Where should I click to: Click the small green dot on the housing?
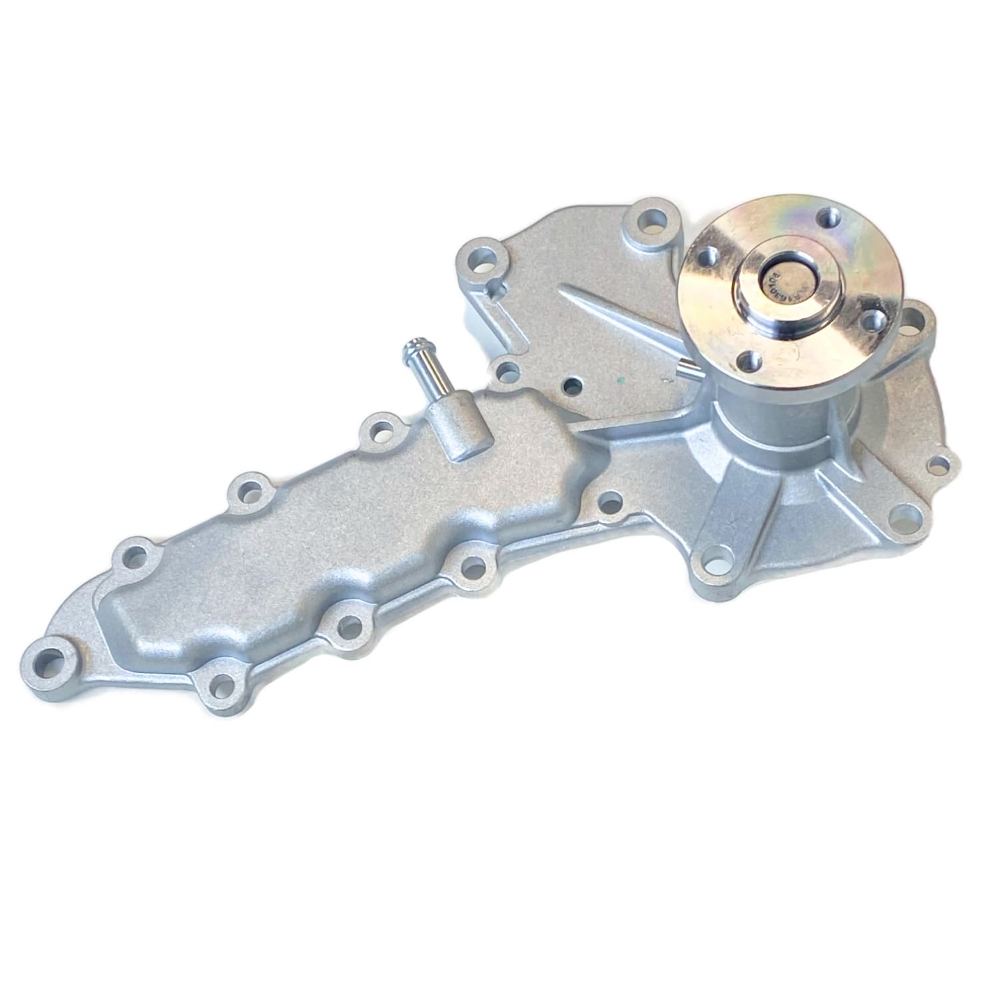pos(620,382)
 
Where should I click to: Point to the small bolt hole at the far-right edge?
pos(938,462)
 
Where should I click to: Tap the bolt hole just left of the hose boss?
pos(382,430)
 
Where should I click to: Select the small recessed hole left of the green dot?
pos(570,384)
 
